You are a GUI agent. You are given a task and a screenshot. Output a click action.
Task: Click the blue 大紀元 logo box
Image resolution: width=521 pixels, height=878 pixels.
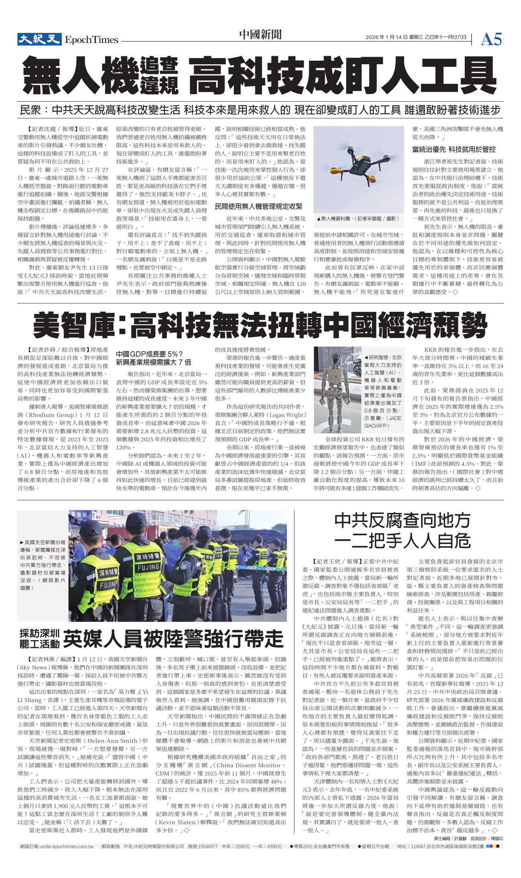pyautogui.click(x=39, y=39)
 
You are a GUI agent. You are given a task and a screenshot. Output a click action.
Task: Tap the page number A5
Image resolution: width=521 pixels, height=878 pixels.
pyautogui.click(x=491, y=39)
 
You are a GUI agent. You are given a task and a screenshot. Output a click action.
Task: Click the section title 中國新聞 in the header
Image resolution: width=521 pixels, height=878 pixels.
pyautogui.click(x=260, y=35)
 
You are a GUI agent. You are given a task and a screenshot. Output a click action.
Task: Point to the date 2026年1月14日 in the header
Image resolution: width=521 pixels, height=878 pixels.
pyautogui.click(x=386, y=37)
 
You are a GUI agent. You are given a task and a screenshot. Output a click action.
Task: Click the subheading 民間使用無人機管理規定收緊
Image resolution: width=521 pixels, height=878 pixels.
pyautogui.click(x=259, y=207)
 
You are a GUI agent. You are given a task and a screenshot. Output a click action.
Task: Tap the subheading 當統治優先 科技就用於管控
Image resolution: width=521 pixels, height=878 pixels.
pyautogui.click(x=454, y=149)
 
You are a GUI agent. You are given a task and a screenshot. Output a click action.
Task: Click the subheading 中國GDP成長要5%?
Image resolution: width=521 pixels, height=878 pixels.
pyautogui.click(x=149, y=354)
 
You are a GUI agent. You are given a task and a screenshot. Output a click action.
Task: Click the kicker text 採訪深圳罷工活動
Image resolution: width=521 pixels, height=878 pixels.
pyautogui.click(x=39, y=639)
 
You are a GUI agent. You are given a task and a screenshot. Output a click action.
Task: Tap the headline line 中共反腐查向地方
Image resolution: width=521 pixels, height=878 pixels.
pyautogui.click(x=402, y=521)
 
